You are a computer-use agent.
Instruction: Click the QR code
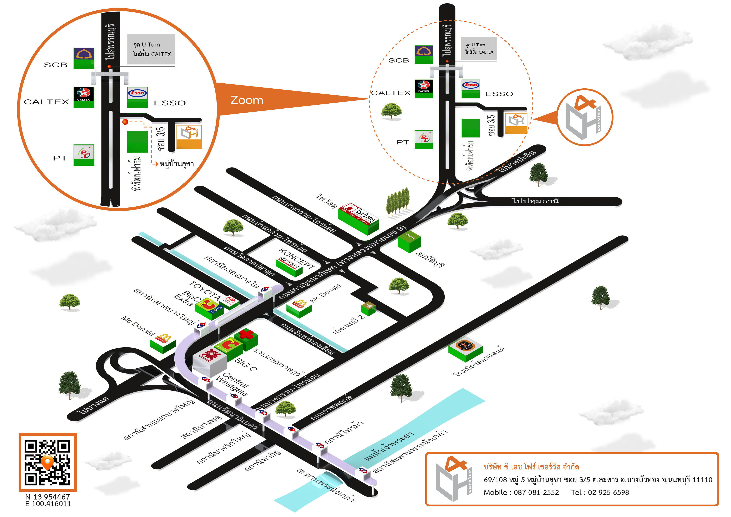(48, 462)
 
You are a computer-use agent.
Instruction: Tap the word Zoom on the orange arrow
(247, 100)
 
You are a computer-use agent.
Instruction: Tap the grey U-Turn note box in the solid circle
(151, 49)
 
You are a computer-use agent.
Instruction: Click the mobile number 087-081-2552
(536, 492)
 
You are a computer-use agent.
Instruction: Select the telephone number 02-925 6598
(608, 492)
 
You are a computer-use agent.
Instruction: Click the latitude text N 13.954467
(48, 497)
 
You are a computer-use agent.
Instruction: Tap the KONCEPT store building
(289, 267)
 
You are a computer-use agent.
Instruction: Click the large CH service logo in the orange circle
(585, 117)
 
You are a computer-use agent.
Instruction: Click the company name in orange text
(531, 467)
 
